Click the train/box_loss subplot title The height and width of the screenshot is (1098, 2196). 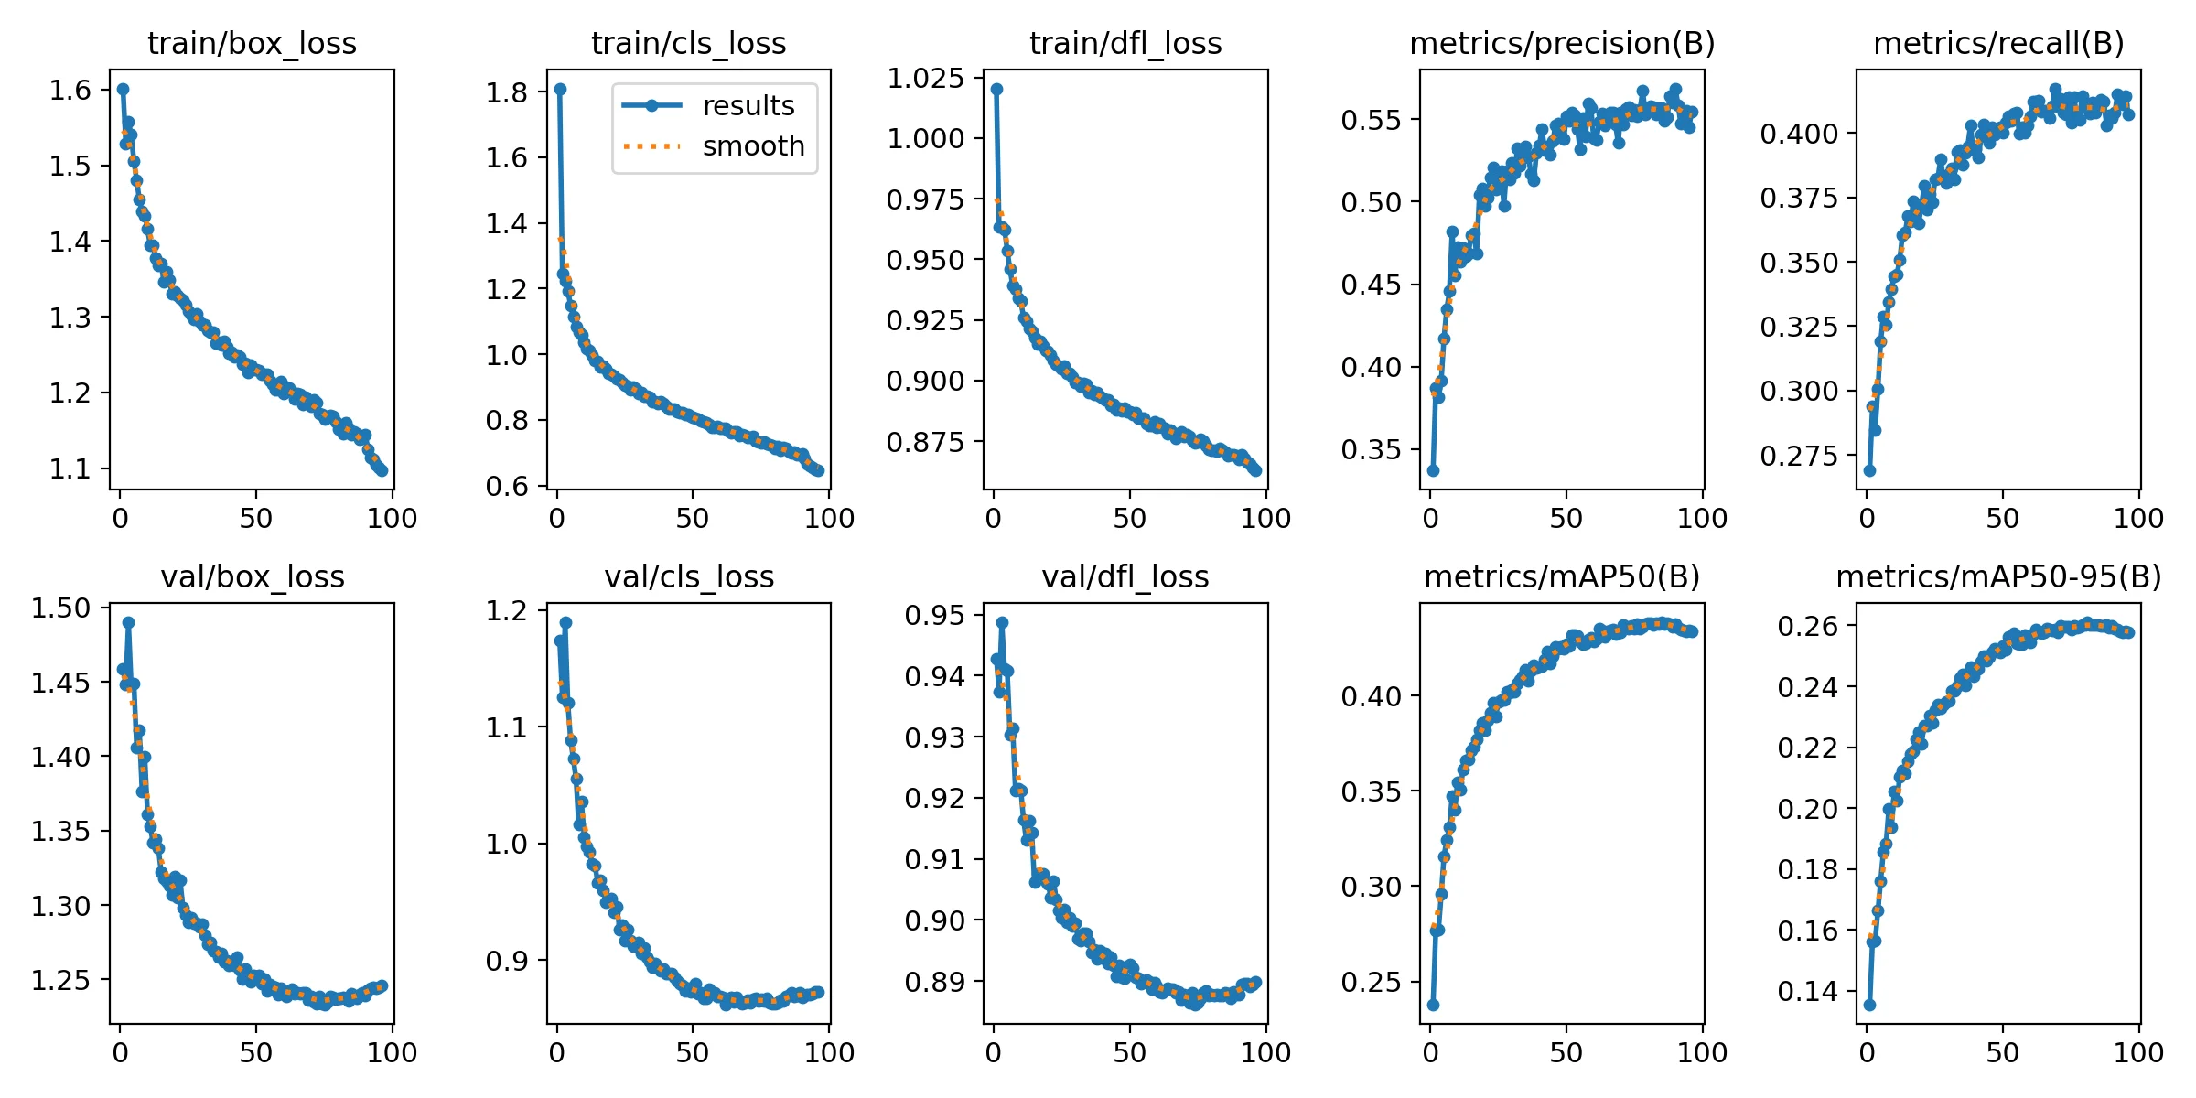(x=252, y=43)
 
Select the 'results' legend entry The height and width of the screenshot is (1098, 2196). (x=748, y=106)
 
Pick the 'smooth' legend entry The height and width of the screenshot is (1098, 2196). (x=753, y=146)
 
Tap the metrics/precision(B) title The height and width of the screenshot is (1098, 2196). (x=1562, y=43)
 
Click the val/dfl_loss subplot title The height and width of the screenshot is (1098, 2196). (x=1125, y=576)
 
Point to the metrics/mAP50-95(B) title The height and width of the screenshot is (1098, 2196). (x=1998, y=576)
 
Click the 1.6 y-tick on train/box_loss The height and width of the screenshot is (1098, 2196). (x=70, y=90)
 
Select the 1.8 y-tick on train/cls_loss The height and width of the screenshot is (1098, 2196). (x=507, y=92)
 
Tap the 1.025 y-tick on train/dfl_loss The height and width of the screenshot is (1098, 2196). (x=925, y=78)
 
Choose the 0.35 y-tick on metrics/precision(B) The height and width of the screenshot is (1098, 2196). (x=1371, y=449)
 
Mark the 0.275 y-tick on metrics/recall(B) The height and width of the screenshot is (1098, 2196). (x=1799, y=456)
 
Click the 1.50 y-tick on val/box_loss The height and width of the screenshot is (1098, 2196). (x=61, y=608)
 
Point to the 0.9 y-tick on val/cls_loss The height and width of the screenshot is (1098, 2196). (x=507, y=961)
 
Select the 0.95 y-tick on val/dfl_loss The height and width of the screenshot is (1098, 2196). (x=934, y=615)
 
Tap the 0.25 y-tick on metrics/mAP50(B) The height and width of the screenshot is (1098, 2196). (x=1371, y=982)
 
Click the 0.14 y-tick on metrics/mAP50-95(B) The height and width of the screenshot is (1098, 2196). (x=1807, y=991)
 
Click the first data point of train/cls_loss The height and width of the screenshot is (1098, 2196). (x=560, y=89)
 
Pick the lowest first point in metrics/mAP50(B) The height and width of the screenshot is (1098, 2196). (x=1433, y=1005)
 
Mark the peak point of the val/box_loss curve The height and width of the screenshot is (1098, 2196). (x=128, y=622)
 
